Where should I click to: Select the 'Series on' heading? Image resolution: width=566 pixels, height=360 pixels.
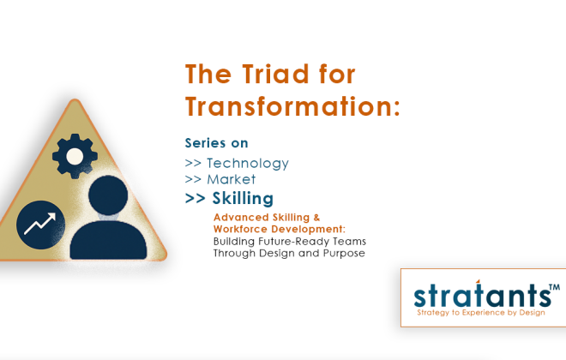(x=217, y=143)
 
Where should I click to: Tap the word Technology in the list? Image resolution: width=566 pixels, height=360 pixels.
(x=248, y=163)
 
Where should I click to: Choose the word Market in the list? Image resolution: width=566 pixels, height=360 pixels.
(x=232, y=180)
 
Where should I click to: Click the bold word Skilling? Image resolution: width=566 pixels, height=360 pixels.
(x=243, y=199)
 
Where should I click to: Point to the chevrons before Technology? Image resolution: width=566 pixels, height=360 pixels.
(x=194, y=163)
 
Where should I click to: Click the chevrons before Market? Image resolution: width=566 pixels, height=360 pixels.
(x=194, y=180)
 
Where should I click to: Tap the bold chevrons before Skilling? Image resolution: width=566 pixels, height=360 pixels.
(x=196, y=199)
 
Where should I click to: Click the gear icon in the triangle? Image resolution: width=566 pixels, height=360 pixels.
(x=75, y=155)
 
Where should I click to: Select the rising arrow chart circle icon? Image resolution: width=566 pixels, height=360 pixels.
(x=40, y=225)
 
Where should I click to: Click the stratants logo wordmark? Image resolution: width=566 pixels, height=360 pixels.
(x=480, y=296)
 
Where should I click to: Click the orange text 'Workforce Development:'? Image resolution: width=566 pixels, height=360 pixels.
(x=280, y=230)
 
